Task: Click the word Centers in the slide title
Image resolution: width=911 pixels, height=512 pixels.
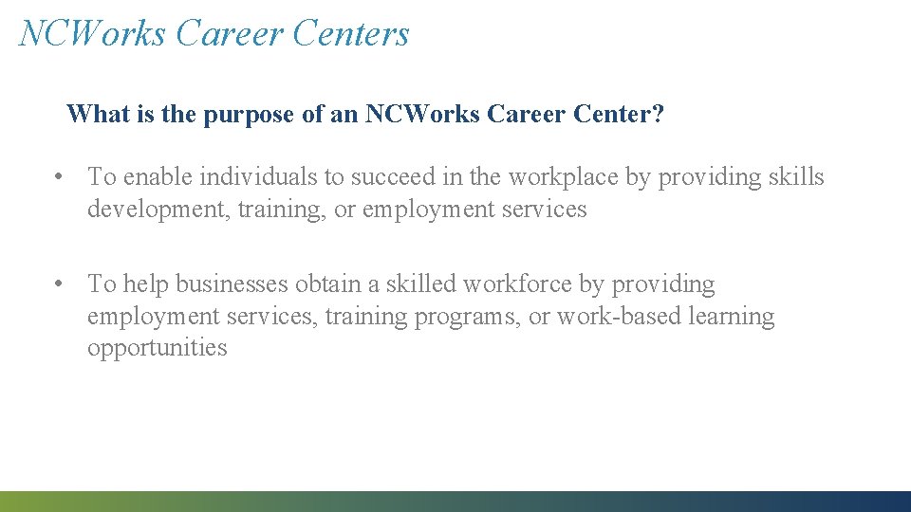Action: [x=351, y=33]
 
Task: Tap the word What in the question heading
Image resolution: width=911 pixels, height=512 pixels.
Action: [x=91, y=115]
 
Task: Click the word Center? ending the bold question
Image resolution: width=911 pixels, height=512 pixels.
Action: [x=618, y=115]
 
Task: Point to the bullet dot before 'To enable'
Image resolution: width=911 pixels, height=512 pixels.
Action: [x=59, y=176]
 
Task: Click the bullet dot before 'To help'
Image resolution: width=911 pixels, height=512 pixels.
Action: [x=59, y=283]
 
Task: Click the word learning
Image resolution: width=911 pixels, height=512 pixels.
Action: [x=731, y=316]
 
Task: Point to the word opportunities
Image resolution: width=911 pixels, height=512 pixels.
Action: [x=157, y=348]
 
